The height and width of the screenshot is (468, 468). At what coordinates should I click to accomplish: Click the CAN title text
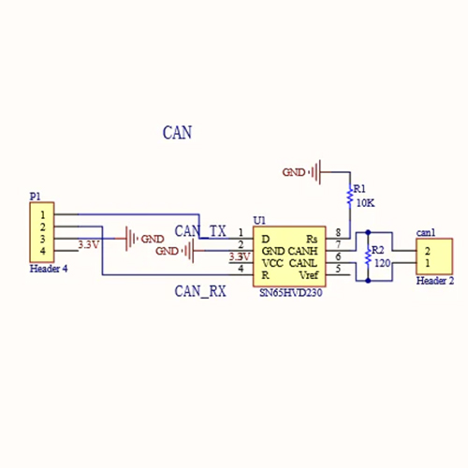(177, 132)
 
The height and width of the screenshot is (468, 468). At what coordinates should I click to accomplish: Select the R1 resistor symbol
(350, 196)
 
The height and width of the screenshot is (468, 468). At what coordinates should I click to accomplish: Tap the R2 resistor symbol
(368, 256)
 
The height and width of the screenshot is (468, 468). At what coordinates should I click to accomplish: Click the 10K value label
(365, 203)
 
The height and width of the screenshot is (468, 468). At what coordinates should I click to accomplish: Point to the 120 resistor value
(382, 263)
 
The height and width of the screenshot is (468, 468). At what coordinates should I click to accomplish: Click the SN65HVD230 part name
(291, 293)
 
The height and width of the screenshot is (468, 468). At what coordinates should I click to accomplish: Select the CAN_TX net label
(200, 231)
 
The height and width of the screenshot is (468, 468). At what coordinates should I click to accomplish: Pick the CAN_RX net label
(200, 291)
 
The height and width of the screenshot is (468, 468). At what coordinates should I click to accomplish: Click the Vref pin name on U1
(309, 275)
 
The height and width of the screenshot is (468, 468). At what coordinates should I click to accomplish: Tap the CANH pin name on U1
(302, 251)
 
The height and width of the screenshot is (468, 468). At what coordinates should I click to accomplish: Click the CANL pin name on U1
(302, 263)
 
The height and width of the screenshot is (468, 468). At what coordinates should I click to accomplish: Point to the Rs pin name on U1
(312, 239)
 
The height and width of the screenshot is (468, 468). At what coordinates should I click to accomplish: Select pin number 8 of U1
(338, 232)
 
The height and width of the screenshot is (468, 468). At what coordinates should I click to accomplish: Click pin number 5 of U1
(338, 269)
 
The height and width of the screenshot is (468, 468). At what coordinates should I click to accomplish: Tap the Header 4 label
(49, 269)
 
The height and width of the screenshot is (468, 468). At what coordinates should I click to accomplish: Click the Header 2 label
(435, 281)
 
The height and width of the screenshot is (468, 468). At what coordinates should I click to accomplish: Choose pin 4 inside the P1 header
(43, 251)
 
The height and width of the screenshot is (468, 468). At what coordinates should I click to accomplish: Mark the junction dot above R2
(368, 232)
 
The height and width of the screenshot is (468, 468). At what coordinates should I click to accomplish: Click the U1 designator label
(259, 221)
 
